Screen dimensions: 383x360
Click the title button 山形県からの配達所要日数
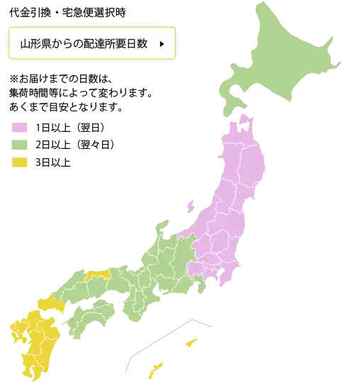click(x=90, y=44)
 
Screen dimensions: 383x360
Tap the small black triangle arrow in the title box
click(x=162, y=44)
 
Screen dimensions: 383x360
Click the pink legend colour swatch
click(x=20, y=128)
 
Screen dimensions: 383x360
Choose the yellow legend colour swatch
click(x=20, y=164)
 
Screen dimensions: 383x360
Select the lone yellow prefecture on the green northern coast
click(x=96, y=275)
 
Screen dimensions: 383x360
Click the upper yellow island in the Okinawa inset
click(x=190, y=343)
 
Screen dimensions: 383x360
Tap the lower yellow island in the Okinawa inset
click(x=154, y=370)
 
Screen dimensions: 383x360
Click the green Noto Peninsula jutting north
click(x=162, y=231)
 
